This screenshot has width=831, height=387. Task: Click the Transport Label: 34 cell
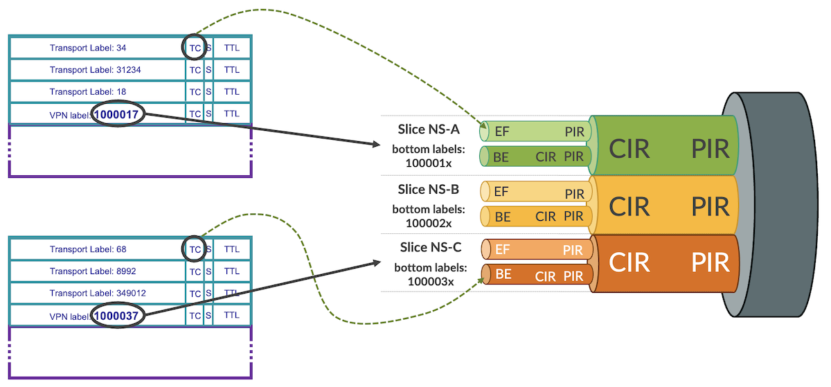pos(88,48)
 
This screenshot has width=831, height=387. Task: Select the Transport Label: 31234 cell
pos(96,70)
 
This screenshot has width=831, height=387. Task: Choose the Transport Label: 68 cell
pos(88,249)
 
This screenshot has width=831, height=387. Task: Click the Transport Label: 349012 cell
pos(98,294)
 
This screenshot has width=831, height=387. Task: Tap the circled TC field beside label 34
pos(195,48)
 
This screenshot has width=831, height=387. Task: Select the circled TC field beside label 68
pos(195,249)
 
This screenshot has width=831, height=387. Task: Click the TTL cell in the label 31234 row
pos(232,70)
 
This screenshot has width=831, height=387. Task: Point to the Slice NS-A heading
pos(429,129)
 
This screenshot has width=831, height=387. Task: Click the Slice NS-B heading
pos(429,189)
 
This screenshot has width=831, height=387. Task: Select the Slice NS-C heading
pos(431,247)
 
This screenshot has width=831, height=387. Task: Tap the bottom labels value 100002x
pos(429,223)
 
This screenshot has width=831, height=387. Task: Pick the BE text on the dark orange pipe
pos(503,274)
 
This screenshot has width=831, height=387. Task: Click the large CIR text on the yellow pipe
pos(629,206)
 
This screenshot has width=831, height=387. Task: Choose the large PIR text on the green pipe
pos(710,148)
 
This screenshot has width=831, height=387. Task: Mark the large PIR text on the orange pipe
pos(710,263)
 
